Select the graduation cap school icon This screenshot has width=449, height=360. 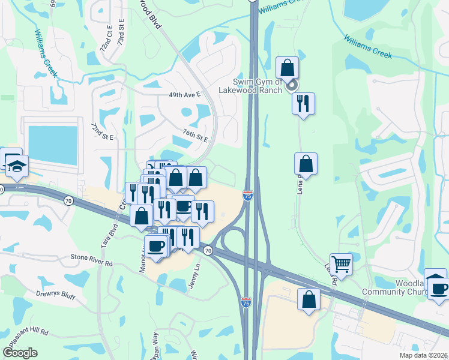tap(17, 166)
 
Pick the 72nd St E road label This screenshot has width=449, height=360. tap(102, 132)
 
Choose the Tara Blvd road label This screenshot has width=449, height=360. tap(112, 236)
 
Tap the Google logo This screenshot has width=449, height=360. tap(20, 353)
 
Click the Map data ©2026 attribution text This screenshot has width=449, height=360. tap(423, 355)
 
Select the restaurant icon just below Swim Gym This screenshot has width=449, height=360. tap(303, 104)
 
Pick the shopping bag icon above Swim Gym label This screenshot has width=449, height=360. tap(288, 67)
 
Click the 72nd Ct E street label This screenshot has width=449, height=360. tap(107, 37)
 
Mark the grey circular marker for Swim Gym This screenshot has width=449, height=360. tap(292, 86)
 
